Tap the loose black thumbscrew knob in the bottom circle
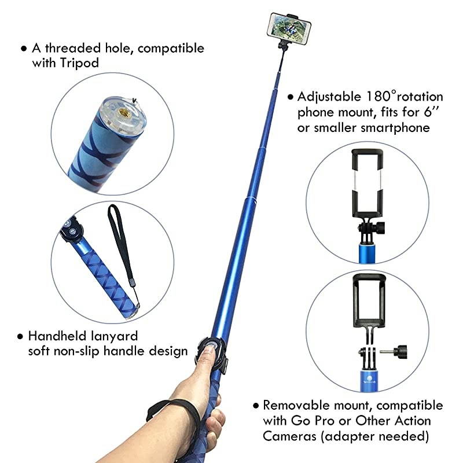point(399,350)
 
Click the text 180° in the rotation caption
point(383,97)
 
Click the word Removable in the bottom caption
point(295,405)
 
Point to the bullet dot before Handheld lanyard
point(21,336)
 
